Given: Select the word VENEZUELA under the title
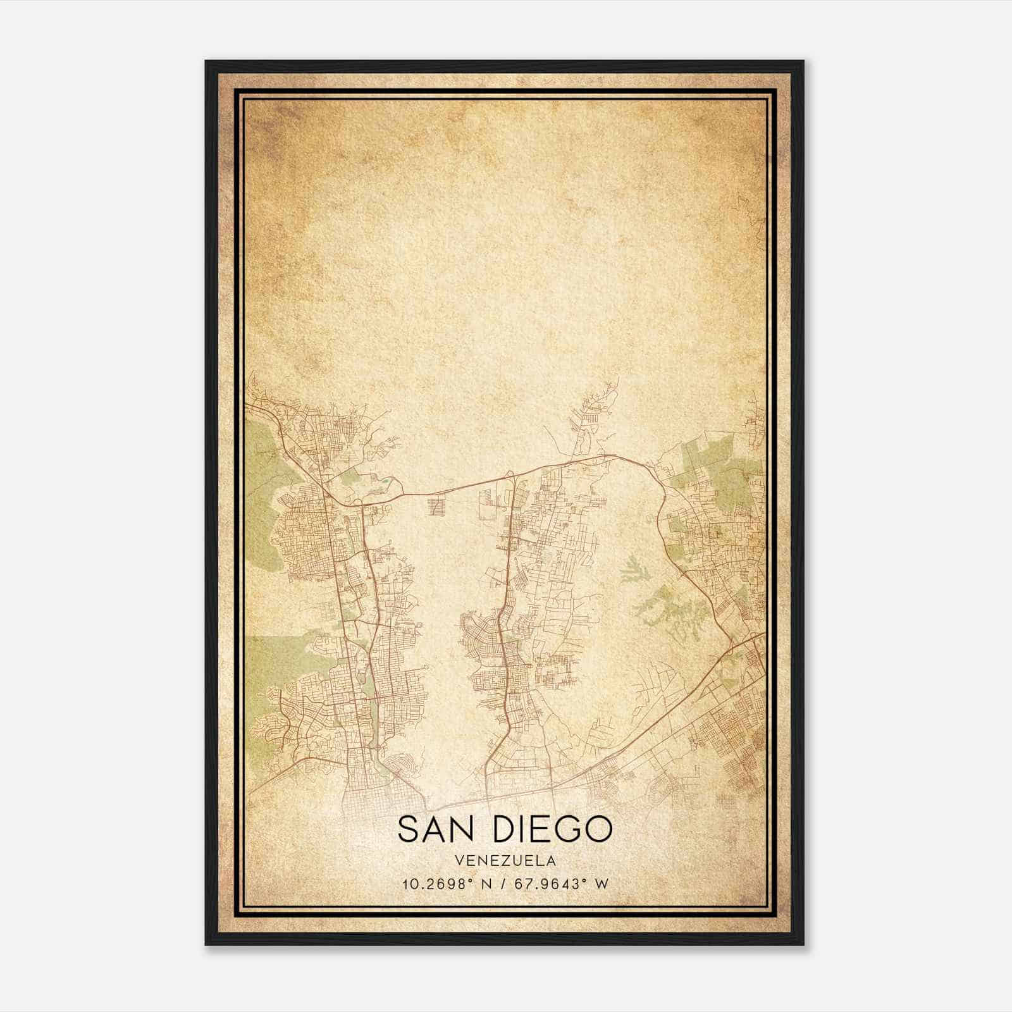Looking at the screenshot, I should coord(505,861).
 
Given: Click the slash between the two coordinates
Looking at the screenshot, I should coord(502,884).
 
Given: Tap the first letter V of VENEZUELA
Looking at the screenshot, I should coord(457,861).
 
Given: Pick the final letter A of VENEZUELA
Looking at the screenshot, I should coord(552,861).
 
